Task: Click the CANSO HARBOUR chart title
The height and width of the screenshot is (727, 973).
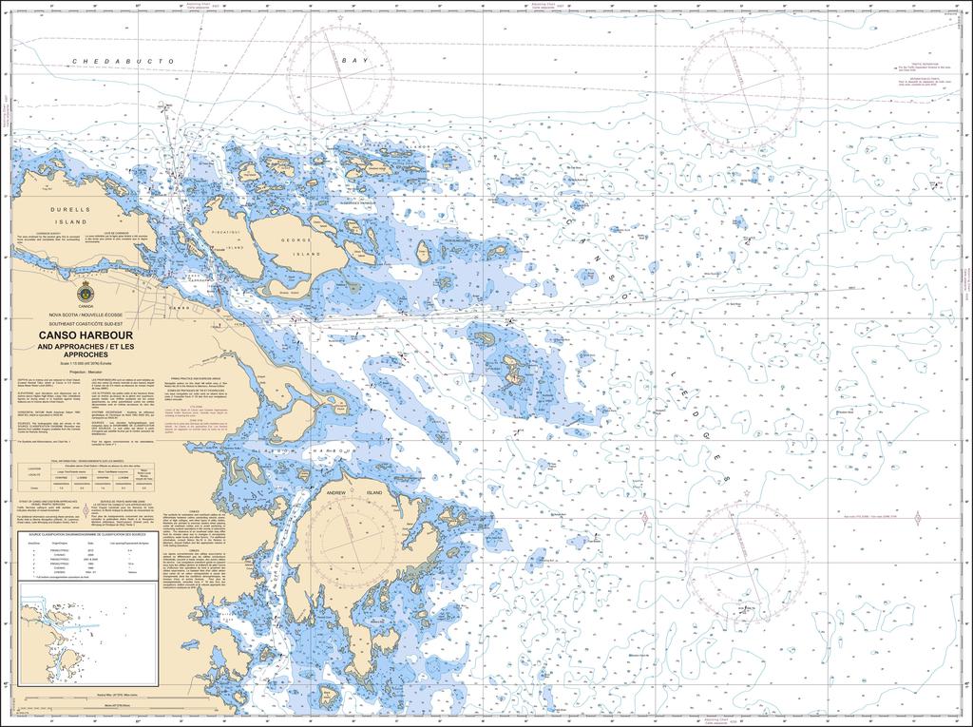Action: point(86,335)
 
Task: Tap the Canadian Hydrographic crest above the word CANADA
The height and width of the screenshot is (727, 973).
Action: point(86,292)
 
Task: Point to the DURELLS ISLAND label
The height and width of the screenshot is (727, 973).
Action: point(70,213)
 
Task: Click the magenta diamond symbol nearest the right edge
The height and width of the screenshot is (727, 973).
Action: point(919,517)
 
